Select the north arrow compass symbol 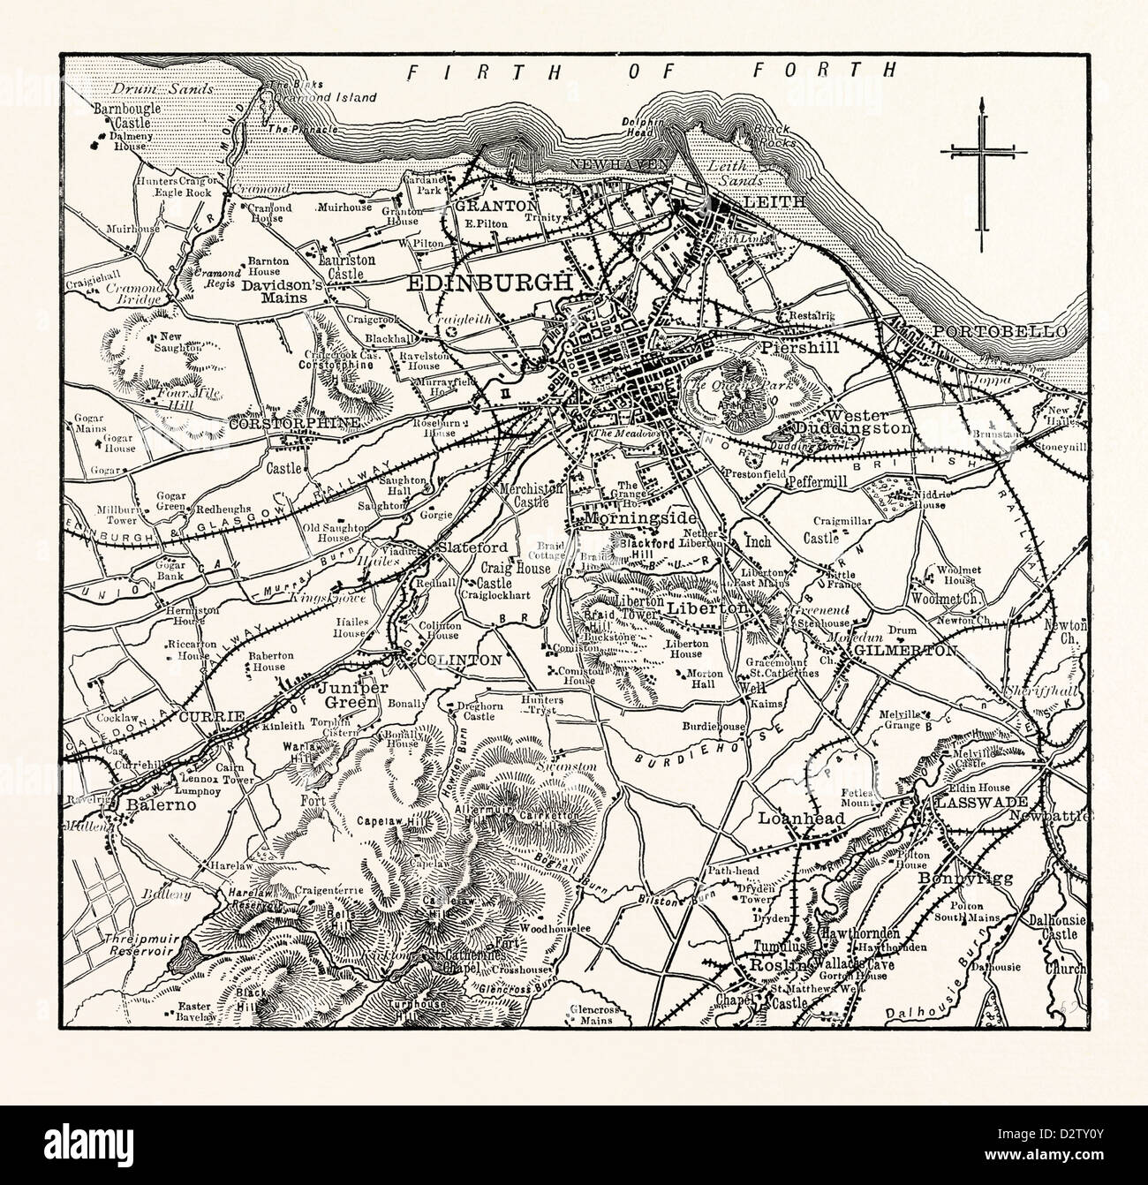point(980,168)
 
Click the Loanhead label point(801,819)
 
